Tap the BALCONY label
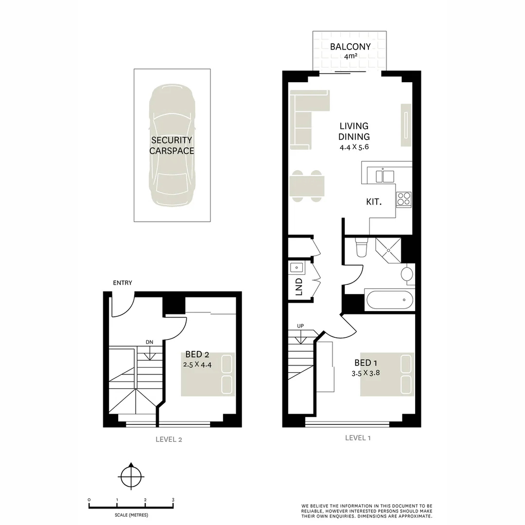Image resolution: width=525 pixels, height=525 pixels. tap(350, 47)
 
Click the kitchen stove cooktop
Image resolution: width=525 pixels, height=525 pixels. tap(403, 199)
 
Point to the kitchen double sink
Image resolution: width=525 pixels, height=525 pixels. tap(383, 175)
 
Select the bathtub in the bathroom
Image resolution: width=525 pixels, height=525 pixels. tap(390, 299)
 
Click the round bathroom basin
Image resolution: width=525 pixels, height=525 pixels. tap(407, 274)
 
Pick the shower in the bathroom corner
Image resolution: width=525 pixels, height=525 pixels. tap(388, 249)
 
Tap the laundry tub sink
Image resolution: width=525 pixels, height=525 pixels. tap(296, 267)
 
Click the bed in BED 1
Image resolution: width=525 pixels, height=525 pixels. tap(387, 374)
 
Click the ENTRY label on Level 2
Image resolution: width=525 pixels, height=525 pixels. tap(122, 283)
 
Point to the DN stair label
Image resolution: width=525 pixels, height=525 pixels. tap(149, 342)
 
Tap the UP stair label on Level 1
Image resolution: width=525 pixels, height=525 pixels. tap(300, 326)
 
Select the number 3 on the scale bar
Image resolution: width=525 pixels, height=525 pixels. tap(173, 500)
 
